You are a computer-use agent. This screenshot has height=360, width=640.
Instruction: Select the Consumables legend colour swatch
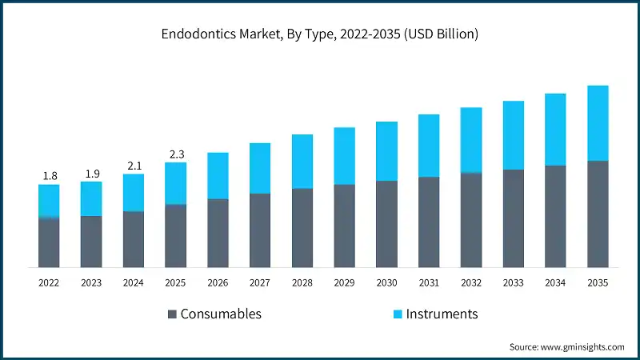(x=171, y=314)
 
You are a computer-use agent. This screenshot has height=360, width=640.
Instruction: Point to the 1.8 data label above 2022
(x=49, y=176)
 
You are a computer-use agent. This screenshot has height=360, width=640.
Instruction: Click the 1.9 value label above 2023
(x=91, y=174)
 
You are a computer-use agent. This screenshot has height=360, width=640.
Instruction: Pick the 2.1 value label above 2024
(x=134, y=166)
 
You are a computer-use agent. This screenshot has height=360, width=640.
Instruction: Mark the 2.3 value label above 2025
(x=175, y=154)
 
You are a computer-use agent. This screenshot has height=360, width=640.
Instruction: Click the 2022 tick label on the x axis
(x=49, y=282)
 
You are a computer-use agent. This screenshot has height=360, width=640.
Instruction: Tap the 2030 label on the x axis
(x=386, y=282)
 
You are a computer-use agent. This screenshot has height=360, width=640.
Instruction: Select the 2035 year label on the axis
(x=598, y=282)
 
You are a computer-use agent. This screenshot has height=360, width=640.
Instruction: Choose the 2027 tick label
(x=260, y=282)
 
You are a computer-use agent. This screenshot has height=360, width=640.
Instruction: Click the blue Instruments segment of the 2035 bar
(x=598, y=123)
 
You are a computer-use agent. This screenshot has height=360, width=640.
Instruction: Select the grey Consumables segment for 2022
(x=49, y=242)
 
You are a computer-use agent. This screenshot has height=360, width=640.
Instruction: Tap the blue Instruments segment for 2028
(x=302, y=162)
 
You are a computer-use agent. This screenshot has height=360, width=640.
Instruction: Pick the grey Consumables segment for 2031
(x=429, y=222)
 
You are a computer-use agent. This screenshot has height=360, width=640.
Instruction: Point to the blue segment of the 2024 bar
(x=134, y=193)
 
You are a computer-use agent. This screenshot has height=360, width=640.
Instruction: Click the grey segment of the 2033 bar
(x=514, y=218)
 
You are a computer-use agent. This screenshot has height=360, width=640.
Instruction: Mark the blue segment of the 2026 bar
(x=218, y=176)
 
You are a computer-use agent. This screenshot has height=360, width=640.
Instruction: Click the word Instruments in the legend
(x=442, y=314)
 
